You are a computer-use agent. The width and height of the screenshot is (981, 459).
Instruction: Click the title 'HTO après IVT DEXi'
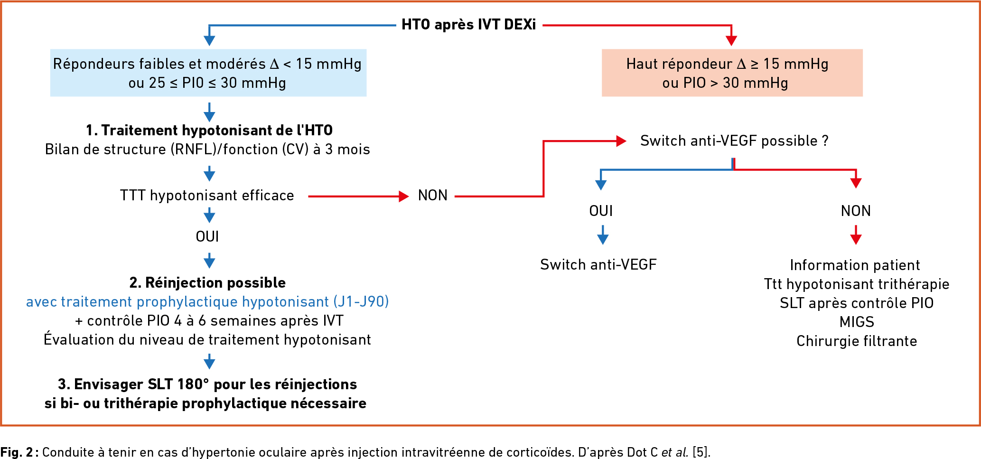(x=468, y=25)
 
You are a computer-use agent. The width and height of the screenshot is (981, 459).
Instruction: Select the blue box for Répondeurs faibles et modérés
(x=208, y=73)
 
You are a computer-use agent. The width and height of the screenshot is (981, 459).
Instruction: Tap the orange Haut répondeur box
(x=732, y=73)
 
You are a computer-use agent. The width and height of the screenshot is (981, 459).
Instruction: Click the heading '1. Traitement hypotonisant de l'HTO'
(x=209, y=130)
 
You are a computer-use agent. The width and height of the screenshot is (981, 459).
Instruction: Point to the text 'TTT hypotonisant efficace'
(x=207, y=196)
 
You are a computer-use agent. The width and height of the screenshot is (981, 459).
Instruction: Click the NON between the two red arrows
(x=433, y=196)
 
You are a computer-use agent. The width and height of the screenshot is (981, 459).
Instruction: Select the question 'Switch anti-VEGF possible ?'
(x=734, y=141)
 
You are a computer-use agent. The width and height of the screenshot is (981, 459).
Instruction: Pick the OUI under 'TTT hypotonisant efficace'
(x=207, y=236)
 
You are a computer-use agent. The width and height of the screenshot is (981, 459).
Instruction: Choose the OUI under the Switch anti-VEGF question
(x=601, y=211)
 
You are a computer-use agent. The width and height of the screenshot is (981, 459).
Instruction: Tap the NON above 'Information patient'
(x=856, y=211)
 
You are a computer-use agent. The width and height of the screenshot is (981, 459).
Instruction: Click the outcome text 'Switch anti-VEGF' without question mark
(x=598, y=264)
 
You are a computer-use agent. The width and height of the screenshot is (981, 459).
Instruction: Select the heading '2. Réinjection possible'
(x=207, y=282)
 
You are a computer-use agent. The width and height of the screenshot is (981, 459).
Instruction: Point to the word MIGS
(x=857, y=322)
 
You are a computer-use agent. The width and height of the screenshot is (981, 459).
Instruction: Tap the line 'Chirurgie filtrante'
(x=857, y=341)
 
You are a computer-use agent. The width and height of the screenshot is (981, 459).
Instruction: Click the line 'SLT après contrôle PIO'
(x=857, y=303)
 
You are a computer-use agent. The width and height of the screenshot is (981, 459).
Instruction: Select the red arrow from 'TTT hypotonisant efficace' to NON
(x=358, y=196)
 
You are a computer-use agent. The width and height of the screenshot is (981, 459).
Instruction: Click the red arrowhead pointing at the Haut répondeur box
(x=731, y=40)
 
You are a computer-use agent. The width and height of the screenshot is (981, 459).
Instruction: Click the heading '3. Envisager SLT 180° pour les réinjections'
(x=207, y=384)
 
